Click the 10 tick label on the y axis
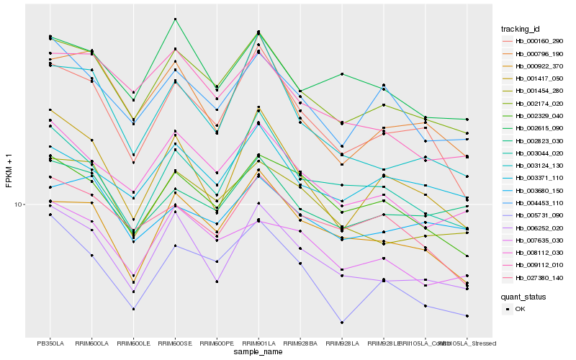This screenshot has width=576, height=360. pyautogui.click(x=20, y=204)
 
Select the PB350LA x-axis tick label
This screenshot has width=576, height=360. pyautogui.click(x=50, y=343)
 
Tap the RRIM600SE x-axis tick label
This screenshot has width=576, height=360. pyautogui.click(x=175, y=343)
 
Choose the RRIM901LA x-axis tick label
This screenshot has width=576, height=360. pyautogui.click(x=258, y=343)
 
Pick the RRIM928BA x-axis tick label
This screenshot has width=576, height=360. pyautogui.click(x=300, y=343)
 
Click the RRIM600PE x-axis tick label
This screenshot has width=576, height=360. pyautogui.click(x=217, y=343)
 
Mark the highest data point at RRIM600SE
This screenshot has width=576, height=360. pyautogui.click(x=175, y=19)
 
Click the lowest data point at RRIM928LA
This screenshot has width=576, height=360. pyautogui.click(x=342, y=323)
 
